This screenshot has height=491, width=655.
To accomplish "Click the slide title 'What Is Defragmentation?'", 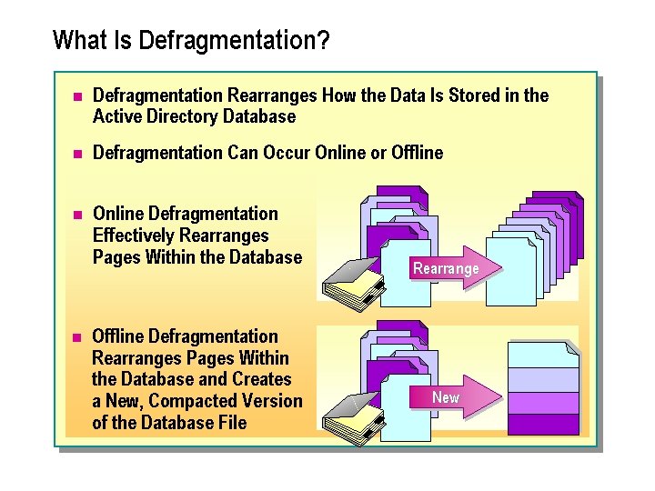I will click(191, 41).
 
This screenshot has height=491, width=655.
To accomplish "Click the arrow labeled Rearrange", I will click(446, 267).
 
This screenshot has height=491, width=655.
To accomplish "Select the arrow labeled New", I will click(450, 397).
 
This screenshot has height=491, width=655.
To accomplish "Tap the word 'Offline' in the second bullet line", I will click(416, 153).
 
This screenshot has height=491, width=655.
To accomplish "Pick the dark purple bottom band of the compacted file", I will click(543, 425).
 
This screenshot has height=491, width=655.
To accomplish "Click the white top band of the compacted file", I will click(543, 355).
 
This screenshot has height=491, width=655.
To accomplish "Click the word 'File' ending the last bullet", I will click(231, 423).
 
